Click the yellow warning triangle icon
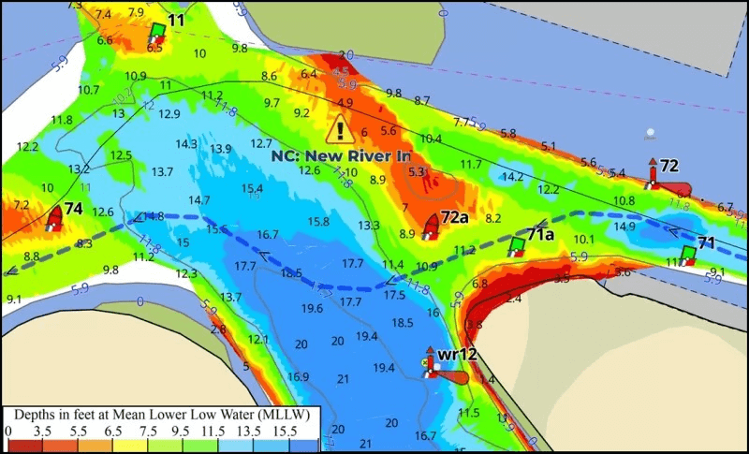[x=341, y=129]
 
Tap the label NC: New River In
[x=341, y=155]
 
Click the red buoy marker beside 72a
[x=432, y=226]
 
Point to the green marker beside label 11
[x=157, y=32]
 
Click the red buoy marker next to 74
[x=54, y=219]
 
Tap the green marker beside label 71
[x=688, y=254]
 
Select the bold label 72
[x=668, y=166]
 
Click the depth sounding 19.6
[x=312, y=308]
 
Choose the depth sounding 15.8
[x=318, y=222]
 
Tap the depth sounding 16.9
[x=298, y=377]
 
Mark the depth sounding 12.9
[x=169, y=114]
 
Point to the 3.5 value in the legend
[x=43, y=431]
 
